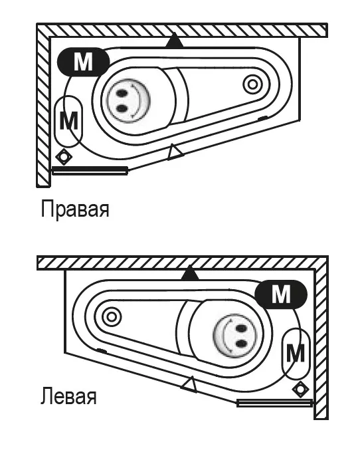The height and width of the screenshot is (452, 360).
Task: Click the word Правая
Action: [75, 209]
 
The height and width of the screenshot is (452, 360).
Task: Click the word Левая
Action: [68, 396]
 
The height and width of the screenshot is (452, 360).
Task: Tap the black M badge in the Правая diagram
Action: [84, 62]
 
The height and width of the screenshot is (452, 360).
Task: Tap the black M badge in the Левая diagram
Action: [281, 294]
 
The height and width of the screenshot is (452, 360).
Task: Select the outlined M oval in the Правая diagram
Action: [68, 121]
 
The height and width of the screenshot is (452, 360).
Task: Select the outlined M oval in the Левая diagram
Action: [296, 354]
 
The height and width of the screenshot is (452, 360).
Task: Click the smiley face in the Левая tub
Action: [234, 335]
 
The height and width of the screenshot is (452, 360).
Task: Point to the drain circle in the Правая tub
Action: [252, 84]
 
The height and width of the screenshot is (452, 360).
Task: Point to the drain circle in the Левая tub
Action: [112, 317]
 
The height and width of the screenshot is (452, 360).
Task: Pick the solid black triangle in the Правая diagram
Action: [174, 41]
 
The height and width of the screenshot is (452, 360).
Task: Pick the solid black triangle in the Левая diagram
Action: [190, 273]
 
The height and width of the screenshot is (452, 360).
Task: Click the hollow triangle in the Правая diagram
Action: [175, 152]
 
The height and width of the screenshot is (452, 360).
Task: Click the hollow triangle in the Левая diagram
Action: [190, 384]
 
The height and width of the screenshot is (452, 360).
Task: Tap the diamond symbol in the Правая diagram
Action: [64, 157]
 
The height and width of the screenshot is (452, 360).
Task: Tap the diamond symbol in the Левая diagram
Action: [300, 389]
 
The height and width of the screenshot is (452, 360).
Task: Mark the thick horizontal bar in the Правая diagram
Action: [90, 171]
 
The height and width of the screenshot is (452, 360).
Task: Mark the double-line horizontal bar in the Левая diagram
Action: [275, 403]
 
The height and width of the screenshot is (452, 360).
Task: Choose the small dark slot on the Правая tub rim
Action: [262, 118]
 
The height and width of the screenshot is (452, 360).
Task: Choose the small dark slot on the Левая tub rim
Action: [102, 350]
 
